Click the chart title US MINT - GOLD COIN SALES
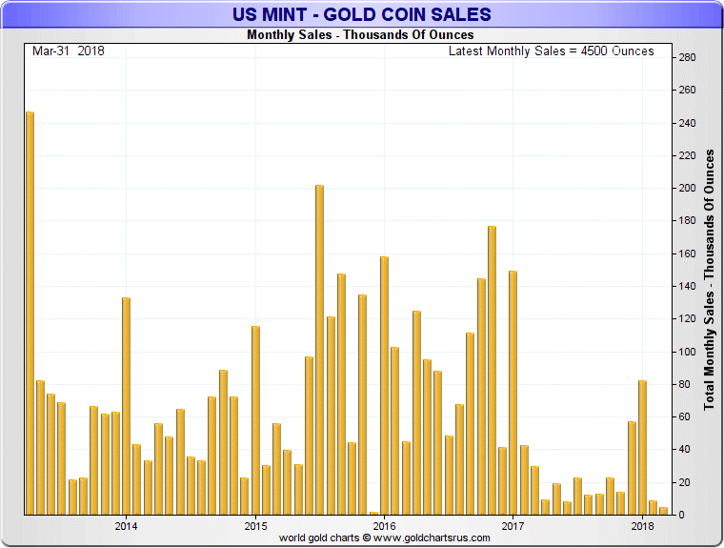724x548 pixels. [362, 14]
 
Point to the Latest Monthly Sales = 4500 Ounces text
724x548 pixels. [552, 51]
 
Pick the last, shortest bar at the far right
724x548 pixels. [663, 511]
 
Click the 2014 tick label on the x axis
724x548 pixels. [126, 525]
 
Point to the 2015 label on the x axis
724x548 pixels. [255, 525]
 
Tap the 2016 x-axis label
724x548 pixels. [384, 525]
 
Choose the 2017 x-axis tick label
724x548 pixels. [513, 525]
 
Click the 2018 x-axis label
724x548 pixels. [642, 525]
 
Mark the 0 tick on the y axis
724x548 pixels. [683, 515]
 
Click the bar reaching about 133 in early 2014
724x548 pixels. [126, 405]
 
